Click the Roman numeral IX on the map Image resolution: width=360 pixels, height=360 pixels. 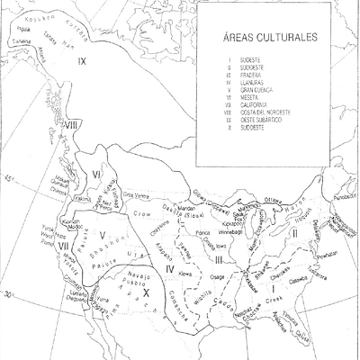[x=82, y=61]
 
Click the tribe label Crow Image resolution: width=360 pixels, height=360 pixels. [x=149, y=217]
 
